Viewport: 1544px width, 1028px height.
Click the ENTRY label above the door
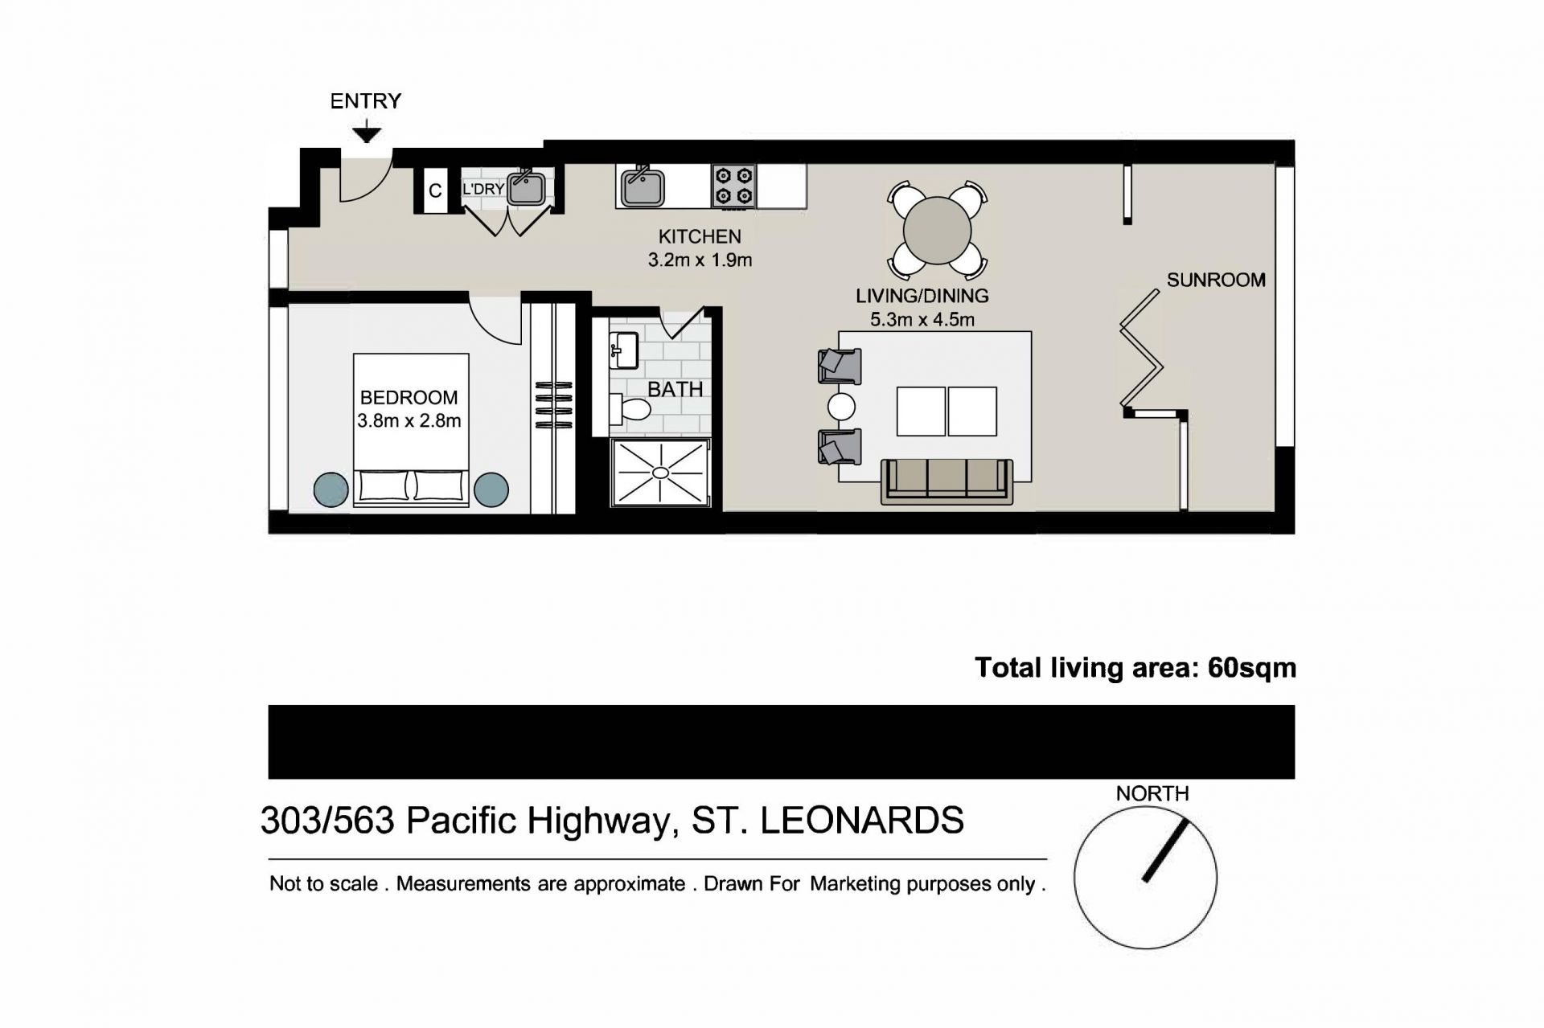[365, 101]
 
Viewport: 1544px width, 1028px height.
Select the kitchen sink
[642, 186]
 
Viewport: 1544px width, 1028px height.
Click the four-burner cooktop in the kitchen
[734, 186]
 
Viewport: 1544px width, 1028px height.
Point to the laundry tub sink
[527, 188]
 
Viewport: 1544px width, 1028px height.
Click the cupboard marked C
[435, 190]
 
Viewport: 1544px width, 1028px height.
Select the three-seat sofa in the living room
[947, 481]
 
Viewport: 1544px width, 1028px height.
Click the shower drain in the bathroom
[660, 473]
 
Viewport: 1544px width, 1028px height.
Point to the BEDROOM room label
[409, 398]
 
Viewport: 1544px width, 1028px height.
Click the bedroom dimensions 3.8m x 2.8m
[409, 420]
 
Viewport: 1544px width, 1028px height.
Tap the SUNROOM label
[1216, 281]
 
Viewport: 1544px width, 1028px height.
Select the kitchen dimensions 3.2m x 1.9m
[700, 260]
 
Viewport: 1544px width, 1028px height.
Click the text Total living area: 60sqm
[1135, 668]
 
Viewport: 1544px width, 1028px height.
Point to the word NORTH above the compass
[1152, 794]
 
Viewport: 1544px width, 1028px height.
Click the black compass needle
[1165, 850]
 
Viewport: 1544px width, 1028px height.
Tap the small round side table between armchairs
[842, 406]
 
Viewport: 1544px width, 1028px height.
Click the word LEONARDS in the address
[861, 821]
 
